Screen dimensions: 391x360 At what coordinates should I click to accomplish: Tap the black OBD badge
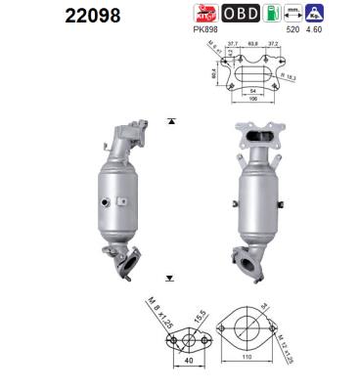(241, 14)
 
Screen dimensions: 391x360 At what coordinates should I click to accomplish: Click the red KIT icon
(204, 14)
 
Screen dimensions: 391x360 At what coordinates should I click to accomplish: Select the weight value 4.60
(314, 29)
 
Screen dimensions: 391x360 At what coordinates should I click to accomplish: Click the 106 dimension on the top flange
(254, 98)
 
